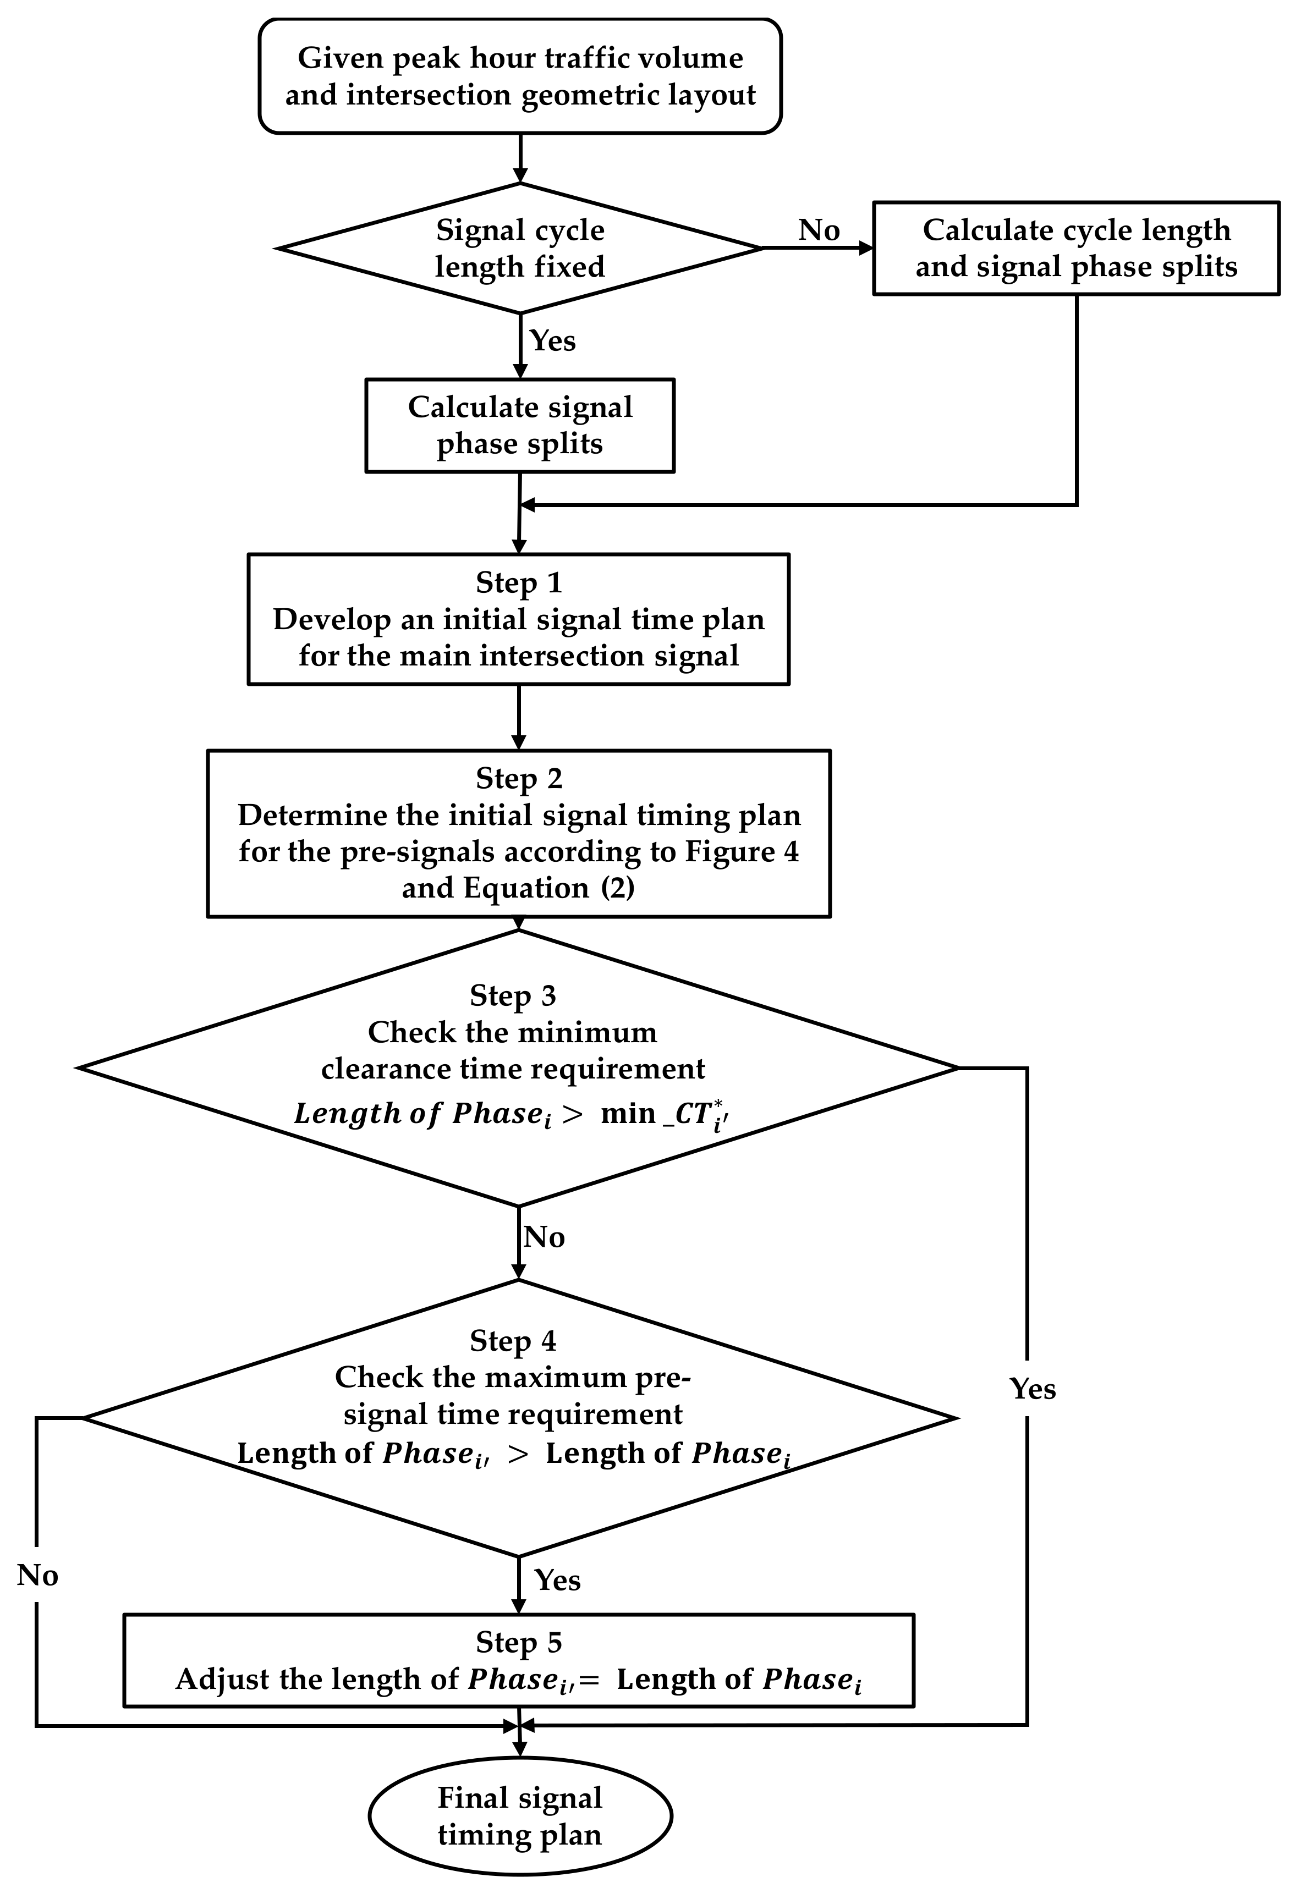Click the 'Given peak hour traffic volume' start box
520,76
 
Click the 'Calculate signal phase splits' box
520,425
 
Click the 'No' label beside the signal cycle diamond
819,230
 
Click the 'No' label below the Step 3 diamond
544,1237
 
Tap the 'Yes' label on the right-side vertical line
1032,1389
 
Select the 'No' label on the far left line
37,1576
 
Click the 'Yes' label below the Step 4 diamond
557,1581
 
